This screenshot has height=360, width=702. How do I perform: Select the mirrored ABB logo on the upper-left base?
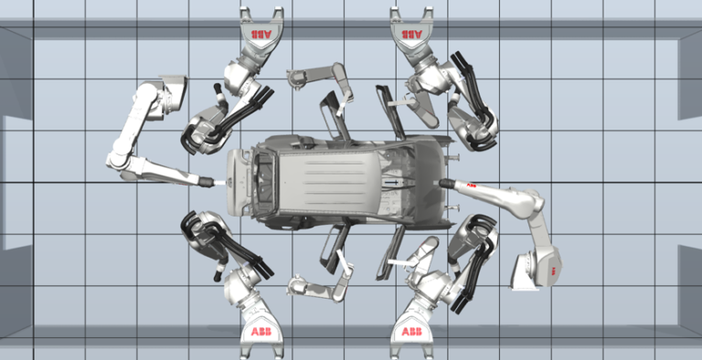tap(261, 34)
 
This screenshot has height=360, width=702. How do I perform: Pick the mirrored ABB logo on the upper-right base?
tap(413, 34)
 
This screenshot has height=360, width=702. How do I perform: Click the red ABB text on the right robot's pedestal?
tap(551, 268)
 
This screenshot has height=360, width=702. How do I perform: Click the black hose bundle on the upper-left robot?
tap(247, 104)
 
